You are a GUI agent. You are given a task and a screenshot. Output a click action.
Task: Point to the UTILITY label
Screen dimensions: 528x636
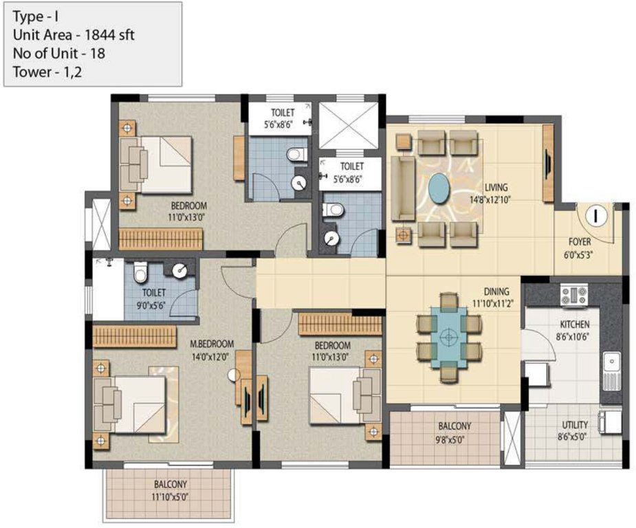pos(574,425)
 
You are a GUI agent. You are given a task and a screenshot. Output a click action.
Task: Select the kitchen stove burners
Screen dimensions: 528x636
pos(573,296)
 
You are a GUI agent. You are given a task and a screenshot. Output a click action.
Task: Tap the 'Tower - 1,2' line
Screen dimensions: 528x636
pos(47,71)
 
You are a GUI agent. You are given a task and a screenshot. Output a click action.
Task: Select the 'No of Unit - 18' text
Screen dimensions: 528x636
pos(58,54)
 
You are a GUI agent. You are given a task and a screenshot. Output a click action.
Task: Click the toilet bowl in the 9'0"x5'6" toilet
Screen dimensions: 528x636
pos(141,274)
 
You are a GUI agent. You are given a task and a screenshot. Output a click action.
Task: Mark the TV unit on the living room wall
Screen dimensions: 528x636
pos(548,164)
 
